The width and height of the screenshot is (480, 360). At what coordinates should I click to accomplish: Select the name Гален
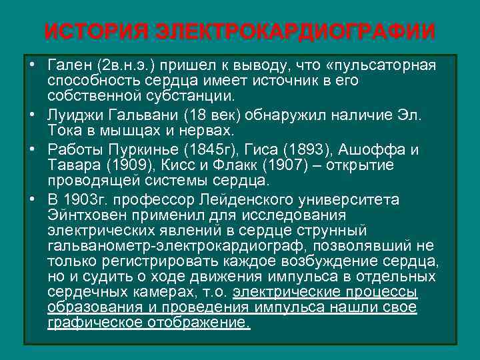pos(70,67)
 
